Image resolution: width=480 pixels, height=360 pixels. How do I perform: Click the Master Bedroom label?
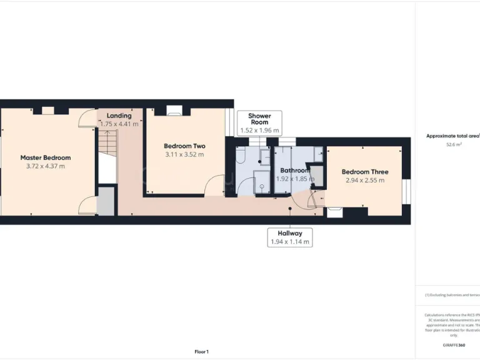[x=45, y=157]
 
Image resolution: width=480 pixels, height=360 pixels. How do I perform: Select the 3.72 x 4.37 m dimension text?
[x=45, y=166]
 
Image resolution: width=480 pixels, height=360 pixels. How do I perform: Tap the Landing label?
[x=119, y=116]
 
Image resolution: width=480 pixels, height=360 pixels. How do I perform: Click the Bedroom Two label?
[x=184, y=146]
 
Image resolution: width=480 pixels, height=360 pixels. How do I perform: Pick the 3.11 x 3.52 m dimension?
[x=184, y=154]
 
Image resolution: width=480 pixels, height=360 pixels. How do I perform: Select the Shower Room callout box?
[x=259, y=123]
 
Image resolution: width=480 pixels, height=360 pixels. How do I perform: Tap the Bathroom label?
[x=294, y=170]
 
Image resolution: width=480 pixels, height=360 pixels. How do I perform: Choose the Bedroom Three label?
[x=365, y=172]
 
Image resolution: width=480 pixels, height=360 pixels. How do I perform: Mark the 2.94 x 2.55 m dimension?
[x=365, y=180]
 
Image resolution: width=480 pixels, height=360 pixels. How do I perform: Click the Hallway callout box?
[x=289, y=237]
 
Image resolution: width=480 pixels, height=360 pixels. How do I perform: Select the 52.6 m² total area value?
[x=454, y=144]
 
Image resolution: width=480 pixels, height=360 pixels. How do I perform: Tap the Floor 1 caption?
[x=201, y=352]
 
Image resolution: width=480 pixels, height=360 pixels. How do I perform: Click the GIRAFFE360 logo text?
[x=454, y=345]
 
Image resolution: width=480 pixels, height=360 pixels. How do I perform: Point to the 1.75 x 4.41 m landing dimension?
[x=119, y=124]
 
